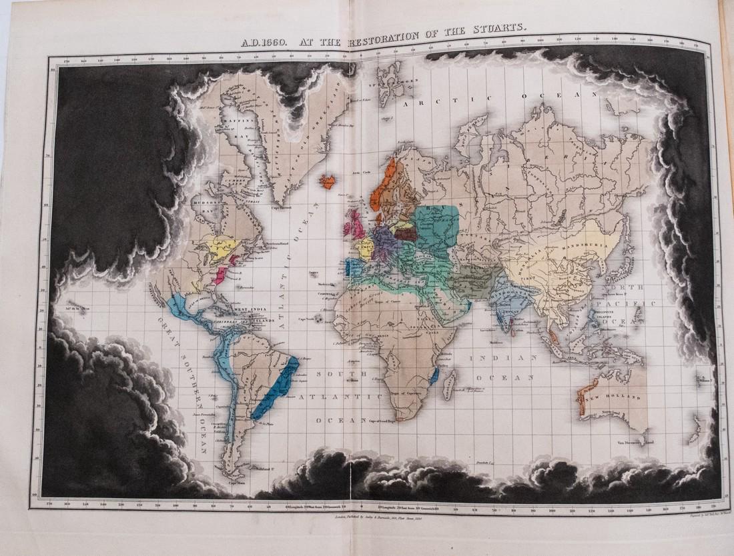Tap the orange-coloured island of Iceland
328,181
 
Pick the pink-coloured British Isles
354,224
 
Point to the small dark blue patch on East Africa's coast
434,375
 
